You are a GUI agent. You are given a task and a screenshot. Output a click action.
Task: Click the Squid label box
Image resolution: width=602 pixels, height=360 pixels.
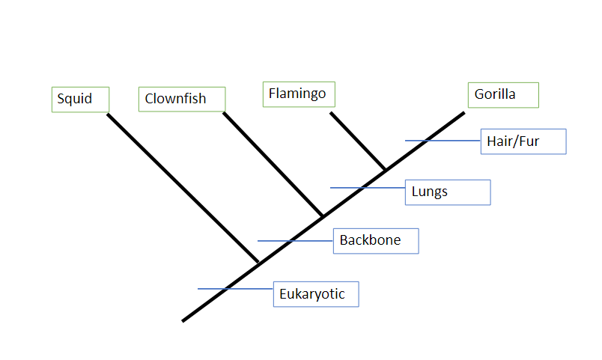pyautogui.click(x=80, y=100)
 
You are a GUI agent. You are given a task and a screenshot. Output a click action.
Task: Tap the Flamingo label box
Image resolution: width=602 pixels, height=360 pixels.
pyautogui.click(x=299, y=94)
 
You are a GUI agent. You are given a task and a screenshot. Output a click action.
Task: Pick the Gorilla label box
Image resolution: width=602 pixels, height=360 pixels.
pyautogui.click(x=502, y=95)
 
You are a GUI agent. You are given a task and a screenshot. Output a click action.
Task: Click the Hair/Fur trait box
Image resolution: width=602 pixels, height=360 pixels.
pyautogui.click(x=523, y=141)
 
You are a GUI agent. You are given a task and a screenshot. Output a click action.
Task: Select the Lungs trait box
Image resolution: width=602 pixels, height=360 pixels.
pyautogui.click(x=447, y=192)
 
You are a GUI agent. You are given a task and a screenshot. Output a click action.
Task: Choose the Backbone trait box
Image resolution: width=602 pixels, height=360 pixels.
pyautogui.click(x=375, y=241)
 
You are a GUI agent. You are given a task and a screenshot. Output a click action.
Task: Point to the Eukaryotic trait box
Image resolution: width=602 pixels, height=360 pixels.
pyautogui.click(x=316, y=294)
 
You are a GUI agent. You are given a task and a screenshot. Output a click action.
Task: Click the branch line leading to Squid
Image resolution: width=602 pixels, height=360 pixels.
pyautogui.click(x=182, y=188)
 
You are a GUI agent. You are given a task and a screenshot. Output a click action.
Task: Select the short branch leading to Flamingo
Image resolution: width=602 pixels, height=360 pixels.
pyautogui.click(x=358, y=141)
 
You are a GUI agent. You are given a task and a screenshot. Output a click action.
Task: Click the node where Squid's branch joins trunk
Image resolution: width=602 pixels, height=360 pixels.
pyautogui.click(x=258, y=263)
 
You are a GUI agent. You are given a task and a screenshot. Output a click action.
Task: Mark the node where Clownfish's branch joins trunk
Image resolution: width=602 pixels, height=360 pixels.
pyautogui.click(x=323, y=216)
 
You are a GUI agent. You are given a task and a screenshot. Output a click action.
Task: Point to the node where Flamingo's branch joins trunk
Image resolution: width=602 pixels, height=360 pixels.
pyautogui.click(x=385, y=171)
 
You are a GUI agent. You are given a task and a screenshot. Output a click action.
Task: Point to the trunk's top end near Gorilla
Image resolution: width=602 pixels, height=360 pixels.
pyautogui.click(x=463, y=114)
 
